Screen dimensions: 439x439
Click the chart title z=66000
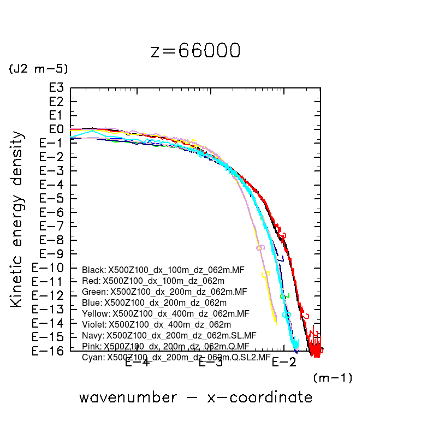click(195, 51)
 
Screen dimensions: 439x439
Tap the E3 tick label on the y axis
click(56, 88)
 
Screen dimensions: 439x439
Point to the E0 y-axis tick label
click(56, 129)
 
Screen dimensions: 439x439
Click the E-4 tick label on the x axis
click(137, 362)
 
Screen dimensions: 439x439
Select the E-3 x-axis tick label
click(210, 362)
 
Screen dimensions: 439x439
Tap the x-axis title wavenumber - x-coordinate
click(195, 398)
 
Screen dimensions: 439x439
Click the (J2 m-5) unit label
click(38, 69)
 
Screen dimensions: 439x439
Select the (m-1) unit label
click(332, 377)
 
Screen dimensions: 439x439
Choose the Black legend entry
click(164, 270)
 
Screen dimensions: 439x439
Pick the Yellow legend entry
click(165, 313)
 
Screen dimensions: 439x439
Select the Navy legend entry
click(169, 335)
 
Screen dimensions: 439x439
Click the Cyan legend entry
click(176, 358)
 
